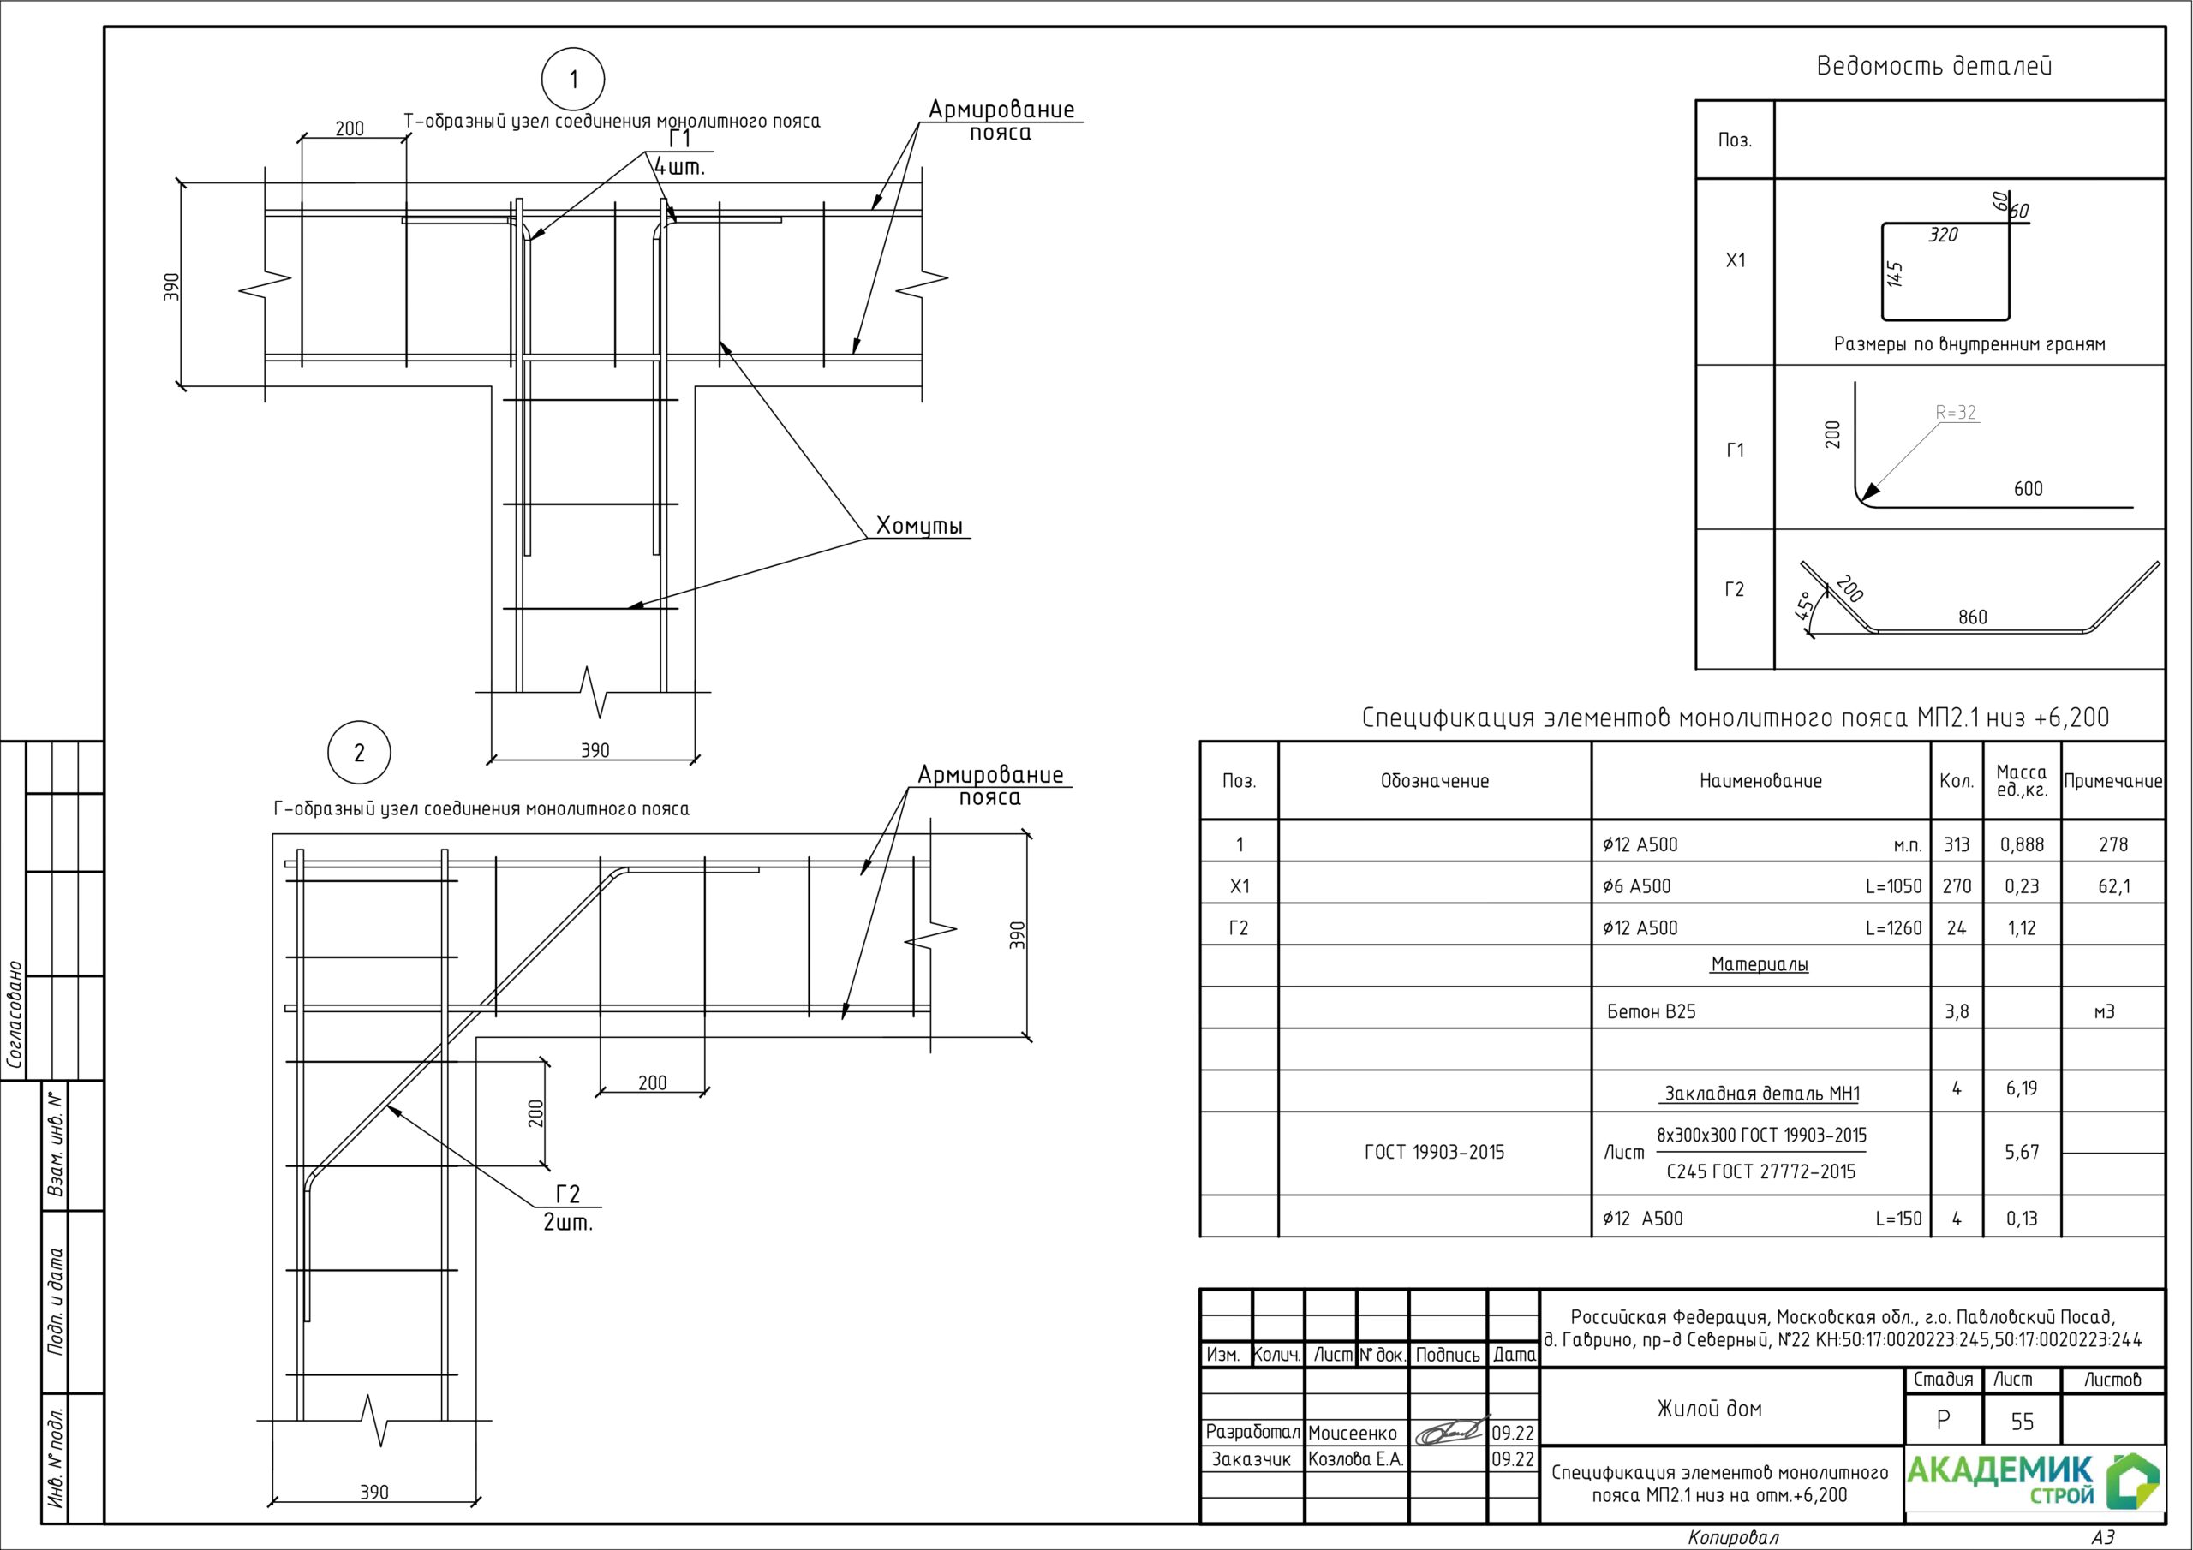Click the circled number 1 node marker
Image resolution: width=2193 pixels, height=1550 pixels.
pos(573,80)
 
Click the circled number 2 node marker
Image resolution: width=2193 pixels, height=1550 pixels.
pos(359,753)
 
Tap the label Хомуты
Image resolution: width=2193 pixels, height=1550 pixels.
pos(920,526)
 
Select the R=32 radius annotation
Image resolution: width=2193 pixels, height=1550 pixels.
pos(1955,413)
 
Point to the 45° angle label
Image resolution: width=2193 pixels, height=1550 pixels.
pos(1804,606)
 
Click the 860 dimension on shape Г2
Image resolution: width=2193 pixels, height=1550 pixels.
pos(1972,617)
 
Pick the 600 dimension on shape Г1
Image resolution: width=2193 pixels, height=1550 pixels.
pos(2028,489)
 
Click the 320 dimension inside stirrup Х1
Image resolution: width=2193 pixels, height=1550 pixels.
pos(1943,235)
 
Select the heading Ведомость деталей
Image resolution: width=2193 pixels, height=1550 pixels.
pos(1933,66)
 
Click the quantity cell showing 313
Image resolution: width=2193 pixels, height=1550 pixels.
pos(1956,844)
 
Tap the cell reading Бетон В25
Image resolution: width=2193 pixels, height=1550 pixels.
pos(1652,1011)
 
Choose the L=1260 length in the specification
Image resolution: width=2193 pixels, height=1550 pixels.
pos(1893,927)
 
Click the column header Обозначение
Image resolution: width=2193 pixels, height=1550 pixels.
pos(1435,781)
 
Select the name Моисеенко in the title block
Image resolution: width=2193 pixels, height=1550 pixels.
pos(1353,1433)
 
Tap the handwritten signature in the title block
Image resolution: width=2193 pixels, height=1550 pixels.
pos(1451,1431)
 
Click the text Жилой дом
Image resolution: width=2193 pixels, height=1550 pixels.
pos(1710,1408)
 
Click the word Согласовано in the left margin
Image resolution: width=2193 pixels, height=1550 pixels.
pos(15,1014)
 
